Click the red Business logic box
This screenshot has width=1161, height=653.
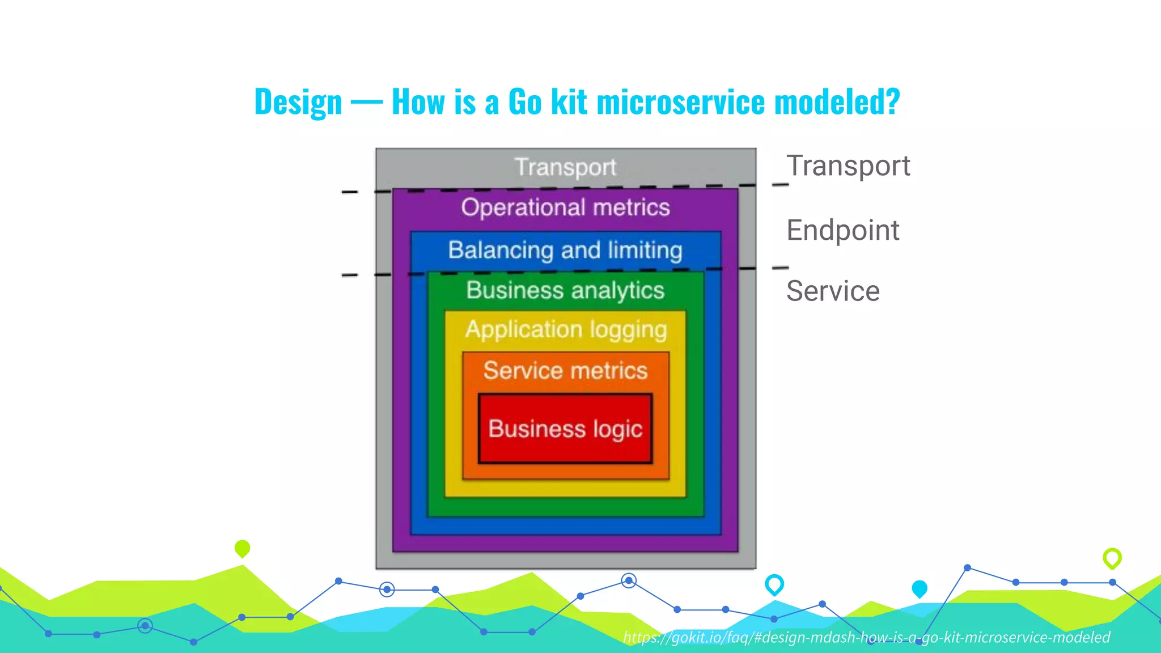pos(565,429)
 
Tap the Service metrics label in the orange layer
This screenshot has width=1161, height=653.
pos(565,371)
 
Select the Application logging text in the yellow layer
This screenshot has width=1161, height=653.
pos(566,330)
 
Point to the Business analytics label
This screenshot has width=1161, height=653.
pos(565,290)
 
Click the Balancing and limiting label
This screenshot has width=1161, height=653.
pos(565,250)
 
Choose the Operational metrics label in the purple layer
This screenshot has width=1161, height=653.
pos(565,207)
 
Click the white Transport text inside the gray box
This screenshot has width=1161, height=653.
pos(565,167)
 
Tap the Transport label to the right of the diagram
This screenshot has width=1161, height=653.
pos(848,166)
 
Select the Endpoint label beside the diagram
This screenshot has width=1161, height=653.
pos(842,230)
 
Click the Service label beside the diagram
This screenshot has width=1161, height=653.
pos(833,291)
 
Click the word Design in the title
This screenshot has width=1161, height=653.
pos(298,102)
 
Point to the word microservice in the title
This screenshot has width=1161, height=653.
pos(680,102)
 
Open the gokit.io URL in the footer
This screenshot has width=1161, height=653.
pos(866,637)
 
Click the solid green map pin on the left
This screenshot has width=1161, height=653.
pos(242,548)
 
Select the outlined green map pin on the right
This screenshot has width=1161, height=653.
pos(1112,558)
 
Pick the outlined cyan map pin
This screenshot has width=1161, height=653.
pos(774,584)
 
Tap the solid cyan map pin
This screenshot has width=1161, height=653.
pos(920,589)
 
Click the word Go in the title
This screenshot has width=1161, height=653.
pos(525,102)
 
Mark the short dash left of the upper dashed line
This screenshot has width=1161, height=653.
pos(349,192)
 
